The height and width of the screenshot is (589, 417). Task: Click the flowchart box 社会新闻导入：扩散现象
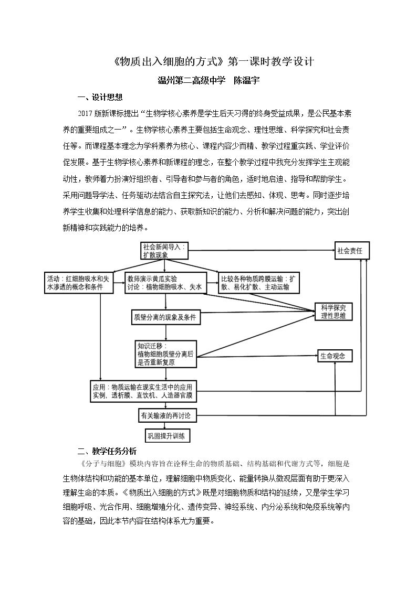click(x=164, y=251)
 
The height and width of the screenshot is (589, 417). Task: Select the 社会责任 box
click(x=352, y=251)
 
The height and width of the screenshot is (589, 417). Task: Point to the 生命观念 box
click(x=335, y=356)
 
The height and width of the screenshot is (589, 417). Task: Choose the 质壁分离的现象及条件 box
click(x=165, y=317)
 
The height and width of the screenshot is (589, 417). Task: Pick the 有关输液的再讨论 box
click(x=166, y=415)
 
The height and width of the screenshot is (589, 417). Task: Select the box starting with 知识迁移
click(x=166, y=354)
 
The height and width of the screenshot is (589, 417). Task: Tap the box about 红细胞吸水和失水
click(x=79, y=283)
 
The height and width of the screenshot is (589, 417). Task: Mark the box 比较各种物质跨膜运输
click(x=259, y=283)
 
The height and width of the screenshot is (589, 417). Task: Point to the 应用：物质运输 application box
click(x=143, y=391)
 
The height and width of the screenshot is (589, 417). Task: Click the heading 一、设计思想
click(x=100, y=97)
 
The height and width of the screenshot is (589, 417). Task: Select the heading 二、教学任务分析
click(x=107, y=451)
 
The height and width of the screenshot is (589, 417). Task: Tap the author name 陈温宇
click(x=247, y=80)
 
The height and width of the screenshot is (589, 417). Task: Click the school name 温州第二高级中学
click(x=191, y=80)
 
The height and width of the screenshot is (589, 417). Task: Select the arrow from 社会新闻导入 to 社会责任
click(x=262, y=250)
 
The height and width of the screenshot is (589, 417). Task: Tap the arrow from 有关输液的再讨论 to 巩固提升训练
click(x=166, y=425)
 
